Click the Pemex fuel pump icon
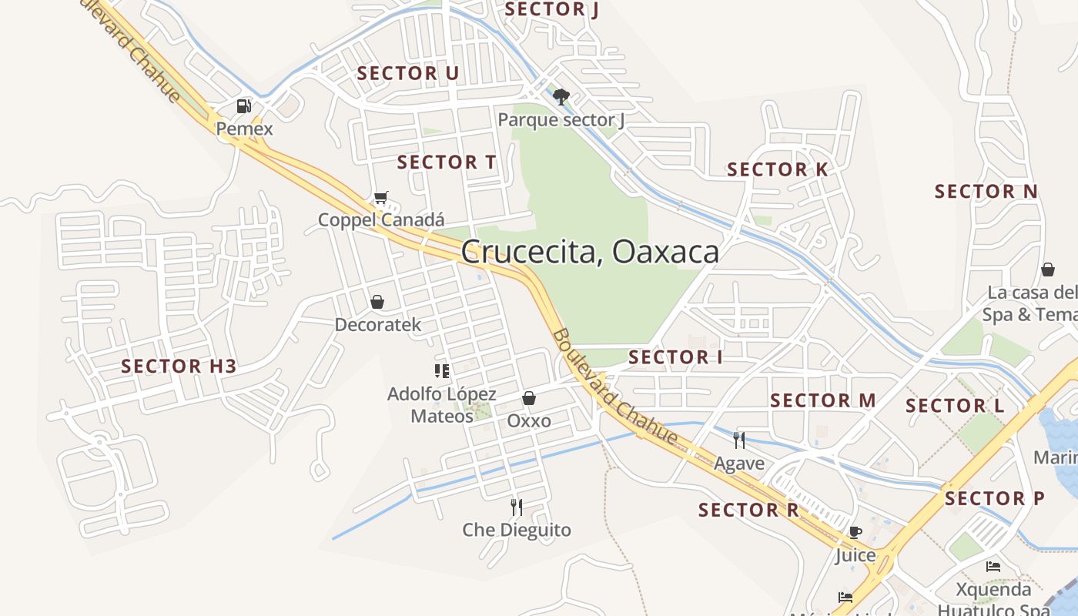pos(244,106)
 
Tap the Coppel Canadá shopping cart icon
pos(380,198)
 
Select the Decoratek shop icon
pos(377,302)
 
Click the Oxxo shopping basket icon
pos(529,398)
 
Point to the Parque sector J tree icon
pos(561,97)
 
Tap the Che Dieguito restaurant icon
pos(517,507)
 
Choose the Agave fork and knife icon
pos(739,440)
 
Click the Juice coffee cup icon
pos(855,532)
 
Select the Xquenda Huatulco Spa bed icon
pos(993,567)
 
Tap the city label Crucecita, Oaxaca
pos(590,252)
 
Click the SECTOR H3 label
pos(179,367)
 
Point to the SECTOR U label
pos(408,73)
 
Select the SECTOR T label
pos(447,162)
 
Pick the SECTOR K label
pos(778,169)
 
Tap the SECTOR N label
pos(986,191)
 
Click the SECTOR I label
pos(675,357)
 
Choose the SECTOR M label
pos(823,400)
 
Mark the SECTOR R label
pos(748,510)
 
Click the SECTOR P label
pos(996,498)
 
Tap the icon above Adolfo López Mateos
pos(442,371)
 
